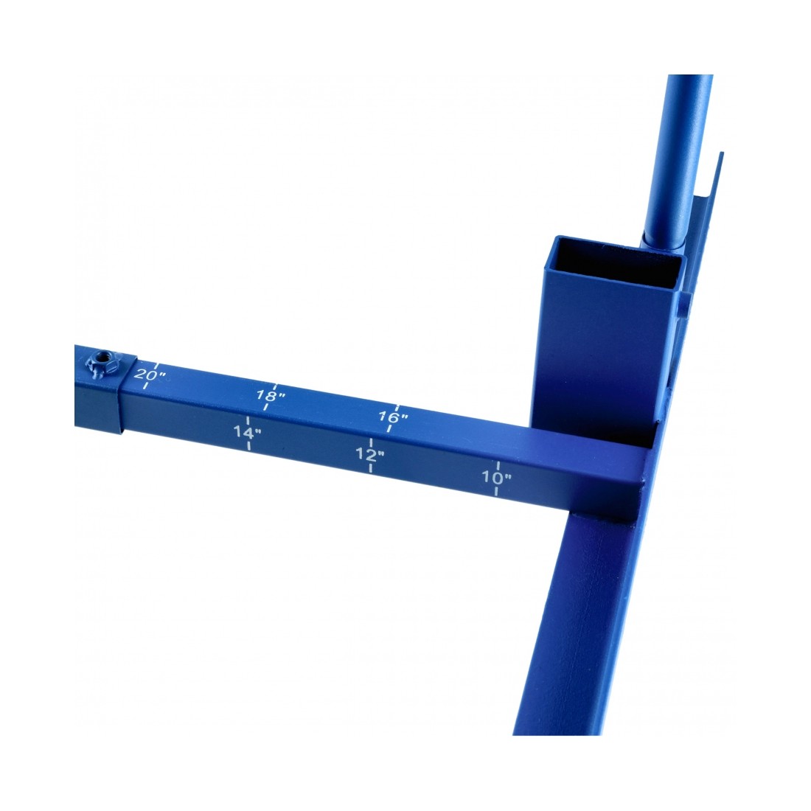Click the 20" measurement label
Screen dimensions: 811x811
[x=150, y=374]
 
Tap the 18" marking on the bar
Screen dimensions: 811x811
[x=271, y=396]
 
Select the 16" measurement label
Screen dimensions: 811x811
[x=393, y=417]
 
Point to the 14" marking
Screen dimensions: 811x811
[x=247, y=432]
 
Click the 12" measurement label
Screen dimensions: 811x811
[x=370, y=455]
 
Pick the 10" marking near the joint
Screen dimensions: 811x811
[x=496, y=478]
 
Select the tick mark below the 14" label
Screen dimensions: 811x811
[x=248, y=445]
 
